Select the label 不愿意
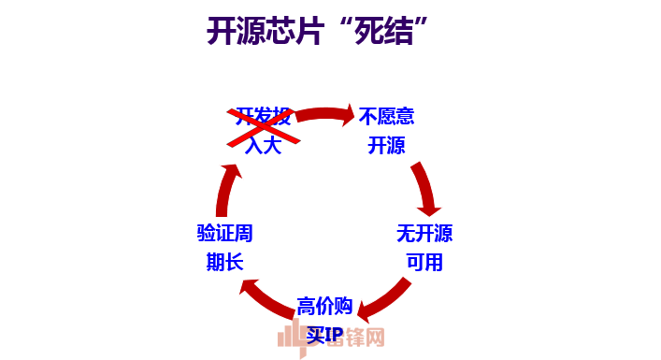(x=387, y=117)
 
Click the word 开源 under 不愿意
(x=387, y=145)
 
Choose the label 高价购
(x=324, y=306)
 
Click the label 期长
(x=225, y=261)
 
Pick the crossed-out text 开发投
(x=264, y=117)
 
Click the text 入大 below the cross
(x=264, y=145)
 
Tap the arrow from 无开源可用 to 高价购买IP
(x=385, y=296)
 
